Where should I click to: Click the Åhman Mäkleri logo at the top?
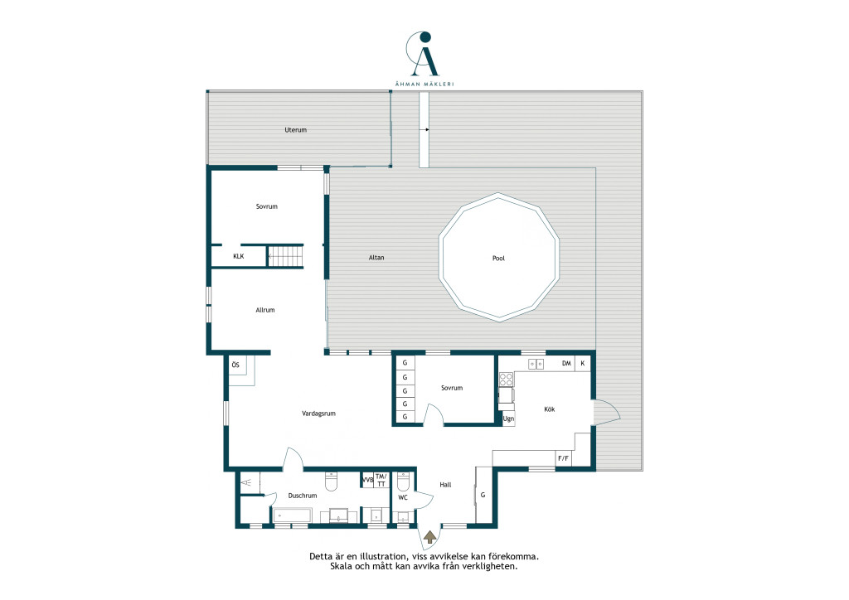coord(424,59)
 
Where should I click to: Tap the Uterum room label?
coord(296,130)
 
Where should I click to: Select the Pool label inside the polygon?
coord(498,258)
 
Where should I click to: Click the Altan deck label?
coord(376,258)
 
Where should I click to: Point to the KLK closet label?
coord(238,256)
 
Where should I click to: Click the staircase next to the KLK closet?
coord(285,256)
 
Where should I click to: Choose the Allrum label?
coord(265,310)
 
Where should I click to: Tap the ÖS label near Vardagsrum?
coord(235,365)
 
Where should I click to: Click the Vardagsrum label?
coord(319,414)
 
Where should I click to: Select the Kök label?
coord(550,409)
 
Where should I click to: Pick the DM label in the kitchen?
coord(566,363)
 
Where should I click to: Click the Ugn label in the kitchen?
coord(508,419)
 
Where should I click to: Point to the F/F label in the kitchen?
coord(563,458)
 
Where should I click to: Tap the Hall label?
coord(445,485)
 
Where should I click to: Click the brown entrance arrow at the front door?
coord(430,537)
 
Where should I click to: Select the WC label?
coord(403,497)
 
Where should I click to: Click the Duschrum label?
coord(303,496)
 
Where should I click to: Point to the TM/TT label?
coord(381,480)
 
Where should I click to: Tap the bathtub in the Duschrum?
coord(293,515)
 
